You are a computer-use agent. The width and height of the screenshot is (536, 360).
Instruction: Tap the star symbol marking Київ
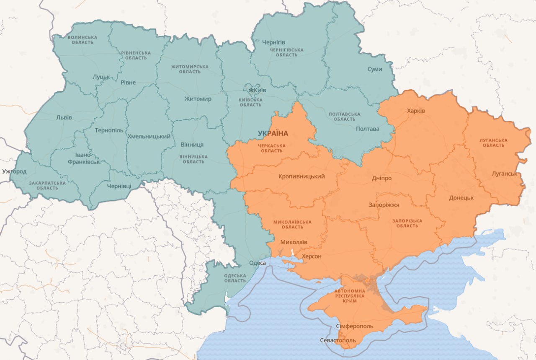coord(251,90)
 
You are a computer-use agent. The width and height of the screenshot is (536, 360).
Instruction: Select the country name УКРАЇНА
coord(273,133)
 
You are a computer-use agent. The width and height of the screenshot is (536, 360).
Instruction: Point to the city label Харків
coord(416,111)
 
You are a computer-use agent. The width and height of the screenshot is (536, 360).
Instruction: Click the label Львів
coord(64,117)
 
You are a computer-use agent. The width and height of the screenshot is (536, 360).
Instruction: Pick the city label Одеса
coord(257,263)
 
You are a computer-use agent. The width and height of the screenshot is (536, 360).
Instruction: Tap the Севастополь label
coord(338,340)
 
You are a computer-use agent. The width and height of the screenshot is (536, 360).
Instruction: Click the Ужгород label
coord(14,171)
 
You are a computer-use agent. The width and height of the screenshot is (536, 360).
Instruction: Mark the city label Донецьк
coord(461,198)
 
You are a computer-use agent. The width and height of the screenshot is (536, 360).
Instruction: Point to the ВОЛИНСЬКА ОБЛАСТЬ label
coord(82,40)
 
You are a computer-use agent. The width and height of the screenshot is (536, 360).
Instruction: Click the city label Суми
coord(374,69)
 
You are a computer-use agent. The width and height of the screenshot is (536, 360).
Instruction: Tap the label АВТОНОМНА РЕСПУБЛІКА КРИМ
coord(349,295)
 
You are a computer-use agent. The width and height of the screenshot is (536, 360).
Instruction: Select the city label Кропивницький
coord(301,176)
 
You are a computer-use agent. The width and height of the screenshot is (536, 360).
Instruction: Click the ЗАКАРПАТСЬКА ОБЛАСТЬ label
coord(47,185)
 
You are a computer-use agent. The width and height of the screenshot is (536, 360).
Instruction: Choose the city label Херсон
coord(312,256)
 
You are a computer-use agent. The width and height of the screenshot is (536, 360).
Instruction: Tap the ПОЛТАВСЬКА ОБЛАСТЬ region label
coord(345,117)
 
